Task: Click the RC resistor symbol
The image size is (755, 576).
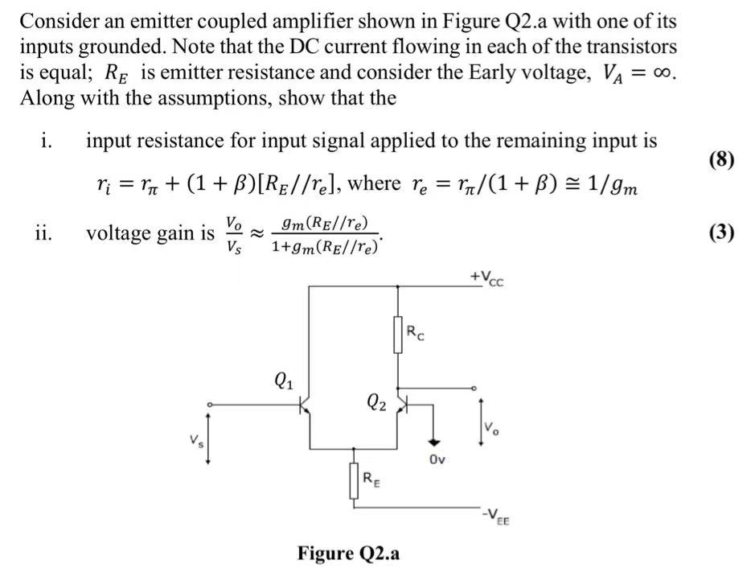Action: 397,335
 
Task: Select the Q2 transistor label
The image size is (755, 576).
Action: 375,401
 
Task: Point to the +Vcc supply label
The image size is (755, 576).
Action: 488,278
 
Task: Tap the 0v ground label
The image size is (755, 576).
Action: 437,460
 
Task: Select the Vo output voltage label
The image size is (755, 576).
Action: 491,427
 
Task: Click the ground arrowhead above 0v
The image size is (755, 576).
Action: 434,441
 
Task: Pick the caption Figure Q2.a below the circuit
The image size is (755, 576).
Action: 349,553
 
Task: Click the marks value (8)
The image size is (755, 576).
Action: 721,159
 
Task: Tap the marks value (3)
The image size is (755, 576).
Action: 721,232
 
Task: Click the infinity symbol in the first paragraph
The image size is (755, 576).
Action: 662,72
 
